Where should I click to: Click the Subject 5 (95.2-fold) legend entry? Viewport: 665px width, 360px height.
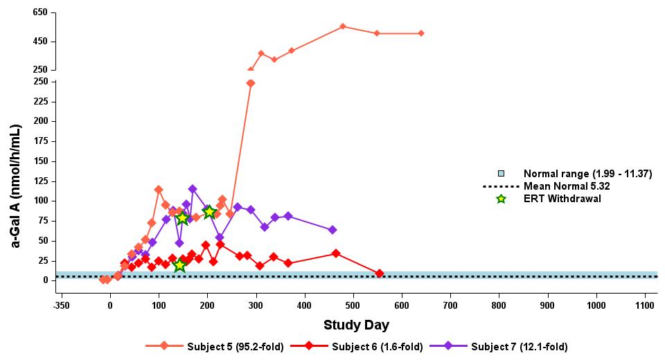(x=215, y=346)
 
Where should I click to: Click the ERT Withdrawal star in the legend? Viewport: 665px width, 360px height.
(x=501, y=199)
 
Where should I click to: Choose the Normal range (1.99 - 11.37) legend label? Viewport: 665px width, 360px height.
(x=587, y=174)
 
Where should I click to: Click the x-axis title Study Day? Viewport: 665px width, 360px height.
(x=356, y=325)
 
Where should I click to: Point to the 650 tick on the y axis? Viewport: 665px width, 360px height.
(x=39, y=13)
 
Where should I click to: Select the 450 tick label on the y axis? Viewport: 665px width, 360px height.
(x=39, y=42)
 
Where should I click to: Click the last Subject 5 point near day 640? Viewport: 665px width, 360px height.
(x=421, y=33)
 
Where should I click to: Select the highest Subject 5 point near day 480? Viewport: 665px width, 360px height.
(x=343, y=26)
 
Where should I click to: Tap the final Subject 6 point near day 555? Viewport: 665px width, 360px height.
(x=379, y=273)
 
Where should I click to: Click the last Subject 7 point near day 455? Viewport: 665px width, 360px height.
(x=332, y=230)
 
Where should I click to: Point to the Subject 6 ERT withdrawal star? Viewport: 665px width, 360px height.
(x=179, y=265)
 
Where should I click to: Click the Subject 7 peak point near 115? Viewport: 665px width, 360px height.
(x=192, y=189)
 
